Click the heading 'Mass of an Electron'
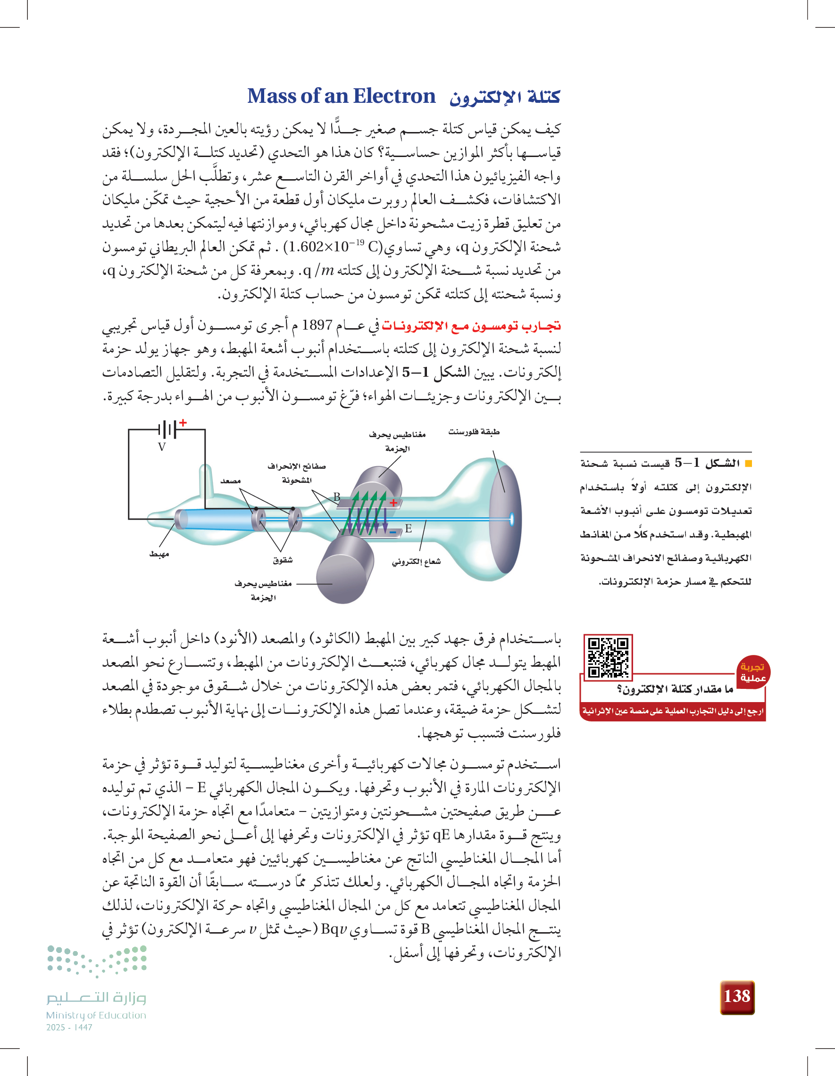point(341,96)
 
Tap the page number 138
point(737,996)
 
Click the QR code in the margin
point(608,657)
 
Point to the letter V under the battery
point(162,447)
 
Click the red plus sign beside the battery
point(184,422)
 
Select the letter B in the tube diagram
point(337,497)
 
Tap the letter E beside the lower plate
point(408,529)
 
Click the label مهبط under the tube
point(159,554)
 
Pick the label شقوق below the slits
point(283,560)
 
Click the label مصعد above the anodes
point(230,481)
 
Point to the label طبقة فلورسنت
point(474,432)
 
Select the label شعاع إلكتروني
point(417,562)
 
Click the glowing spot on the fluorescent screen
point(512,519)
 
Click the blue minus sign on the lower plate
point(393,532)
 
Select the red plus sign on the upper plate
point(393,503)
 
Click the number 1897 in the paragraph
point(317,325)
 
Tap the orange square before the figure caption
point(749,463)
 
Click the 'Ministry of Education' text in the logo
point(96,1015)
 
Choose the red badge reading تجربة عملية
point(753,672)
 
